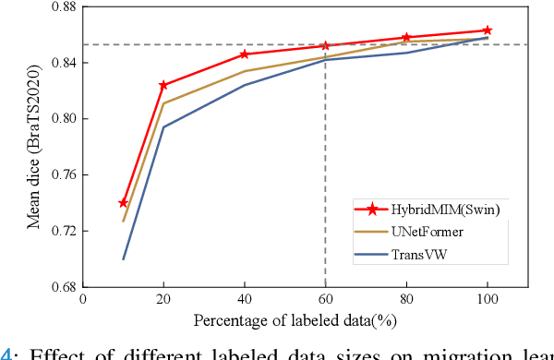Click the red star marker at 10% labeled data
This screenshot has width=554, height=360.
pos(124,203)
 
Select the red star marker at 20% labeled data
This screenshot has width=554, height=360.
pos(163,85)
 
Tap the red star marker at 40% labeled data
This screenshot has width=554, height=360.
pos(245,54)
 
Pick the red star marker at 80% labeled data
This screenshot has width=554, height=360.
pos(406,37)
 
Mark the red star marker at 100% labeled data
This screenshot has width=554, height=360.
pos(488,30)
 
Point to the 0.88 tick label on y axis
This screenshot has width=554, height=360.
pos(60,6)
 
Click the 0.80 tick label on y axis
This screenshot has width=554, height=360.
pos(60,119)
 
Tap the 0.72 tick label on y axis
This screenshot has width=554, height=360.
pos(60,231)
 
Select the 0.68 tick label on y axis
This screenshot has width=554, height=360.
pos(60,287)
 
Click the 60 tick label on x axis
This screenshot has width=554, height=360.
pos(325,300)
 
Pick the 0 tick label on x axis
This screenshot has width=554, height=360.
pos(83,300)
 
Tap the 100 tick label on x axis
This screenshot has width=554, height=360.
pos(488,300)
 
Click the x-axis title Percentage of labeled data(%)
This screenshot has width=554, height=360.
pos(305,320)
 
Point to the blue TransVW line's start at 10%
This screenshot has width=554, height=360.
pos(124,258)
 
